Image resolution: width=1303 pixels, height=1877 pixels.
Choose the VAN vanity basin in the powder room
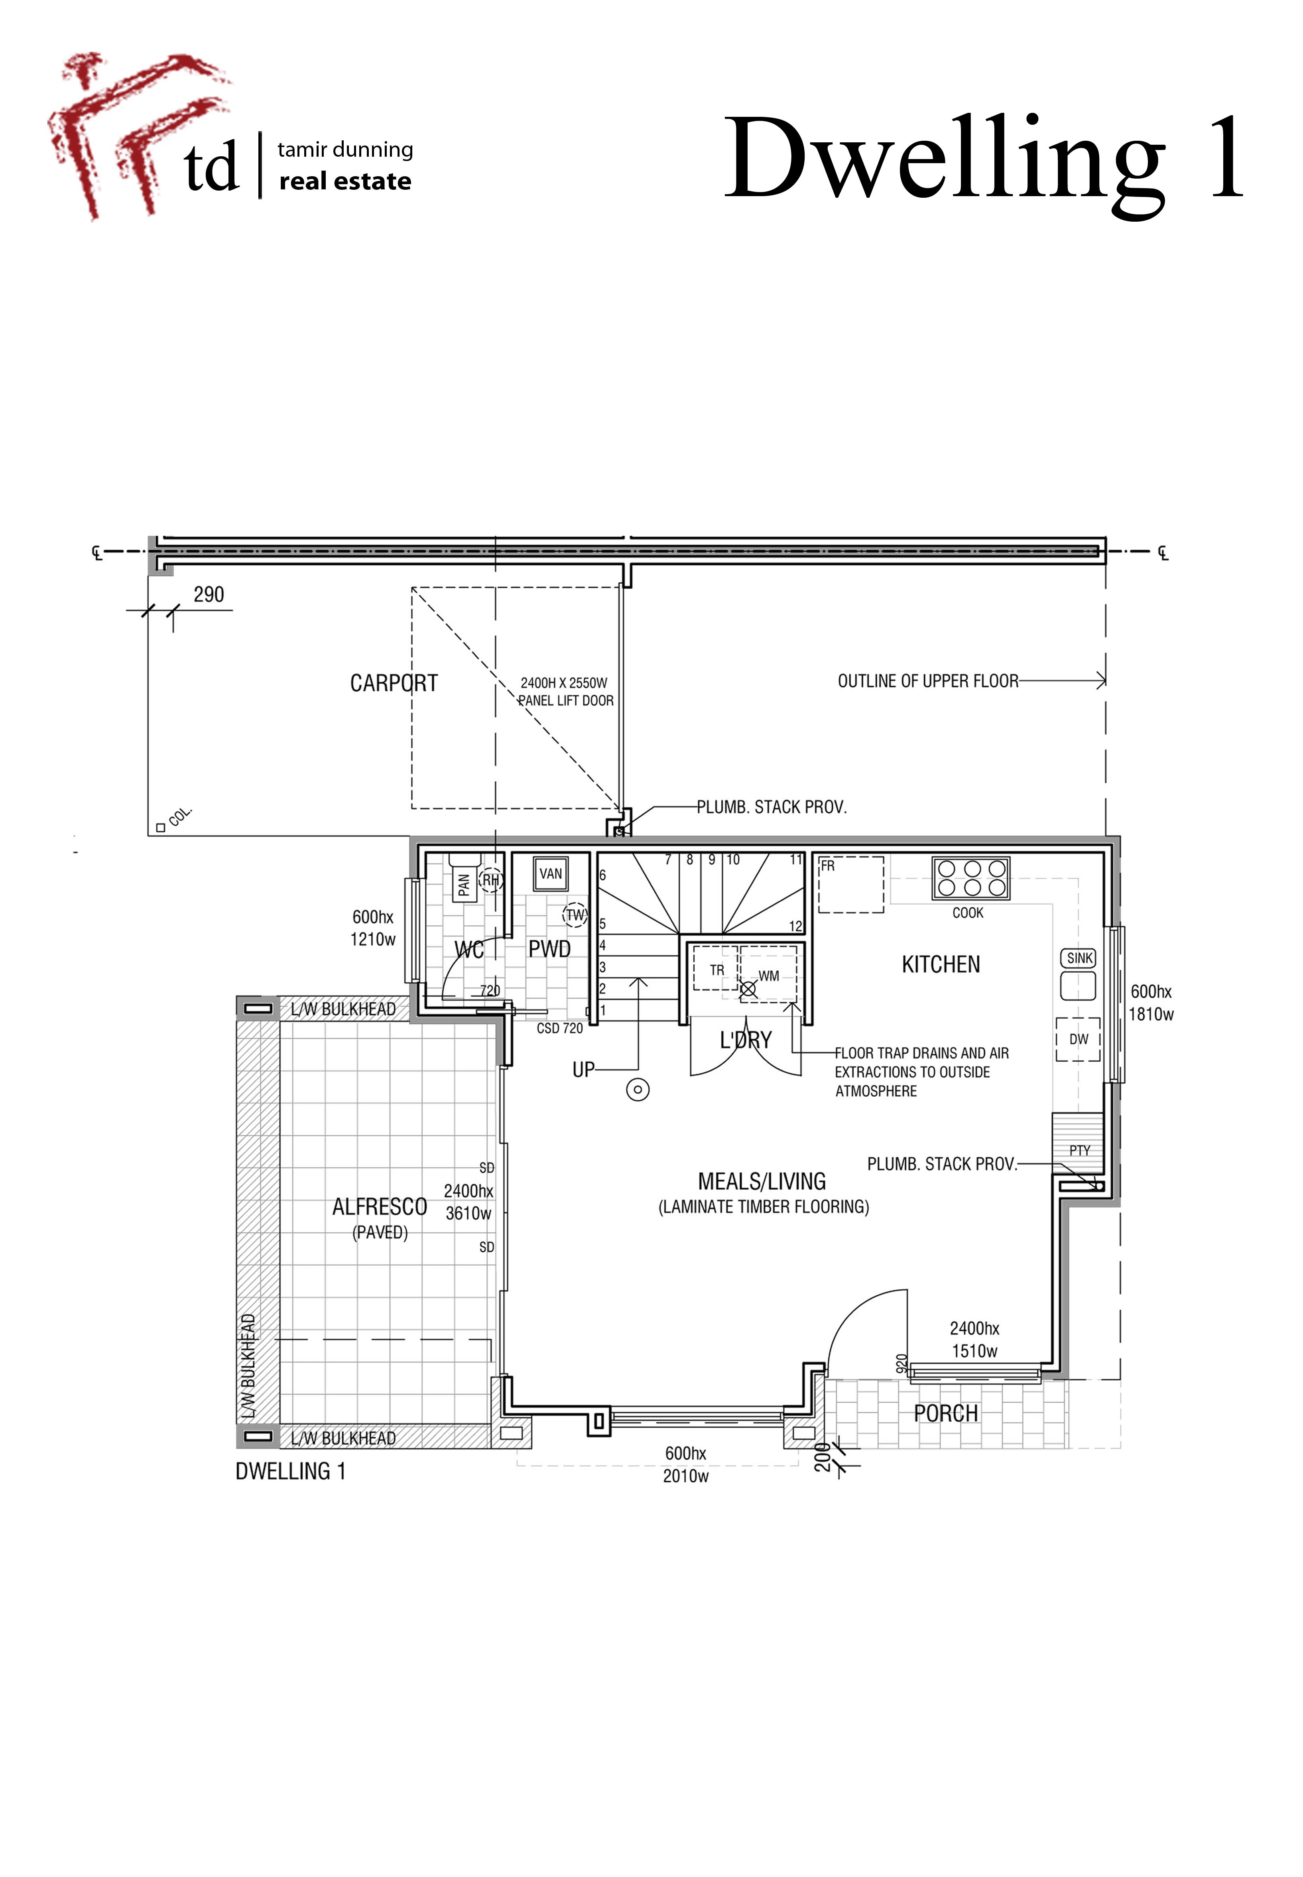[551, 874]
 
